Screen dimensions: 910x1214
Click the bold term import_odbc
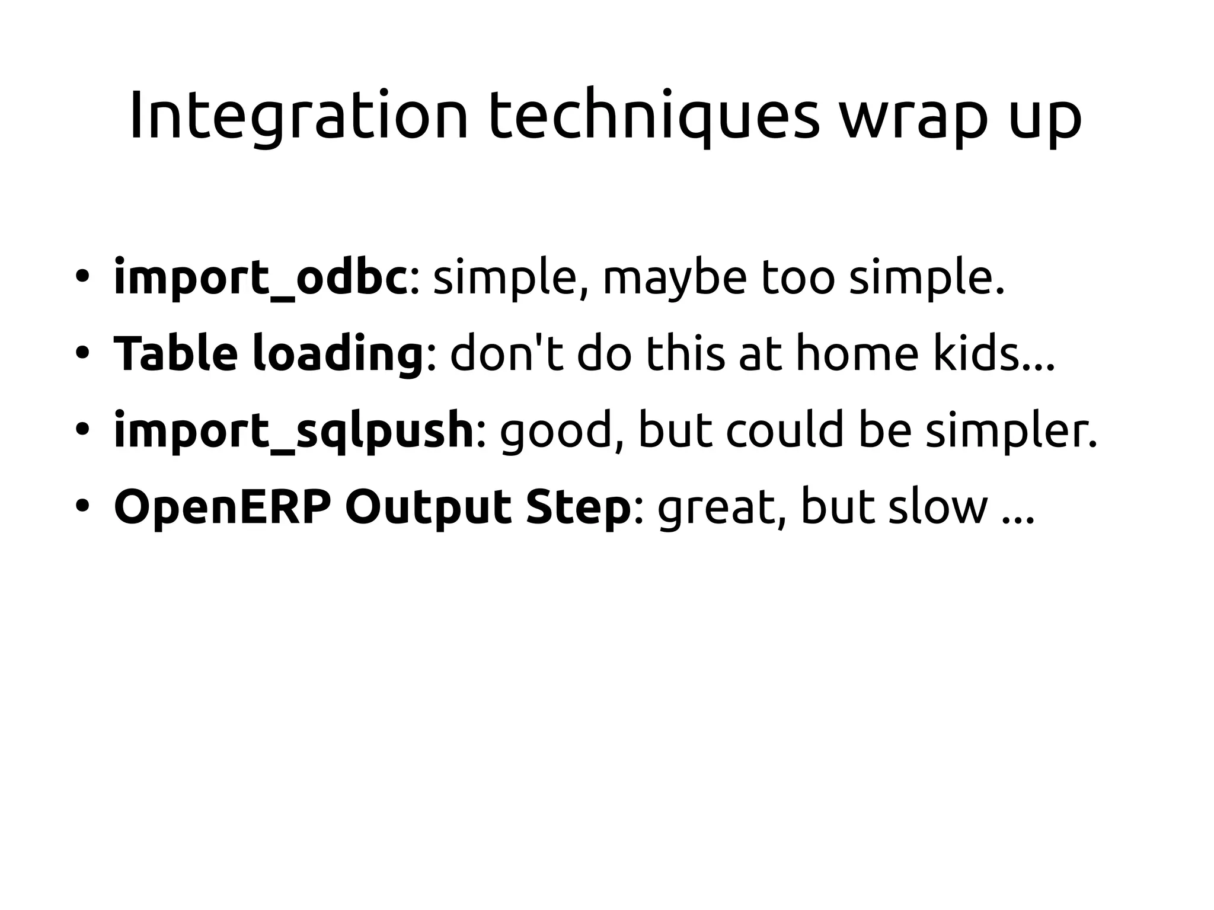pyautogui.click(x=260, y=277)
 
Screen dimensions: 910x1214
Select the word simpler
pyautogui.click(x=1011, y=432)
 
